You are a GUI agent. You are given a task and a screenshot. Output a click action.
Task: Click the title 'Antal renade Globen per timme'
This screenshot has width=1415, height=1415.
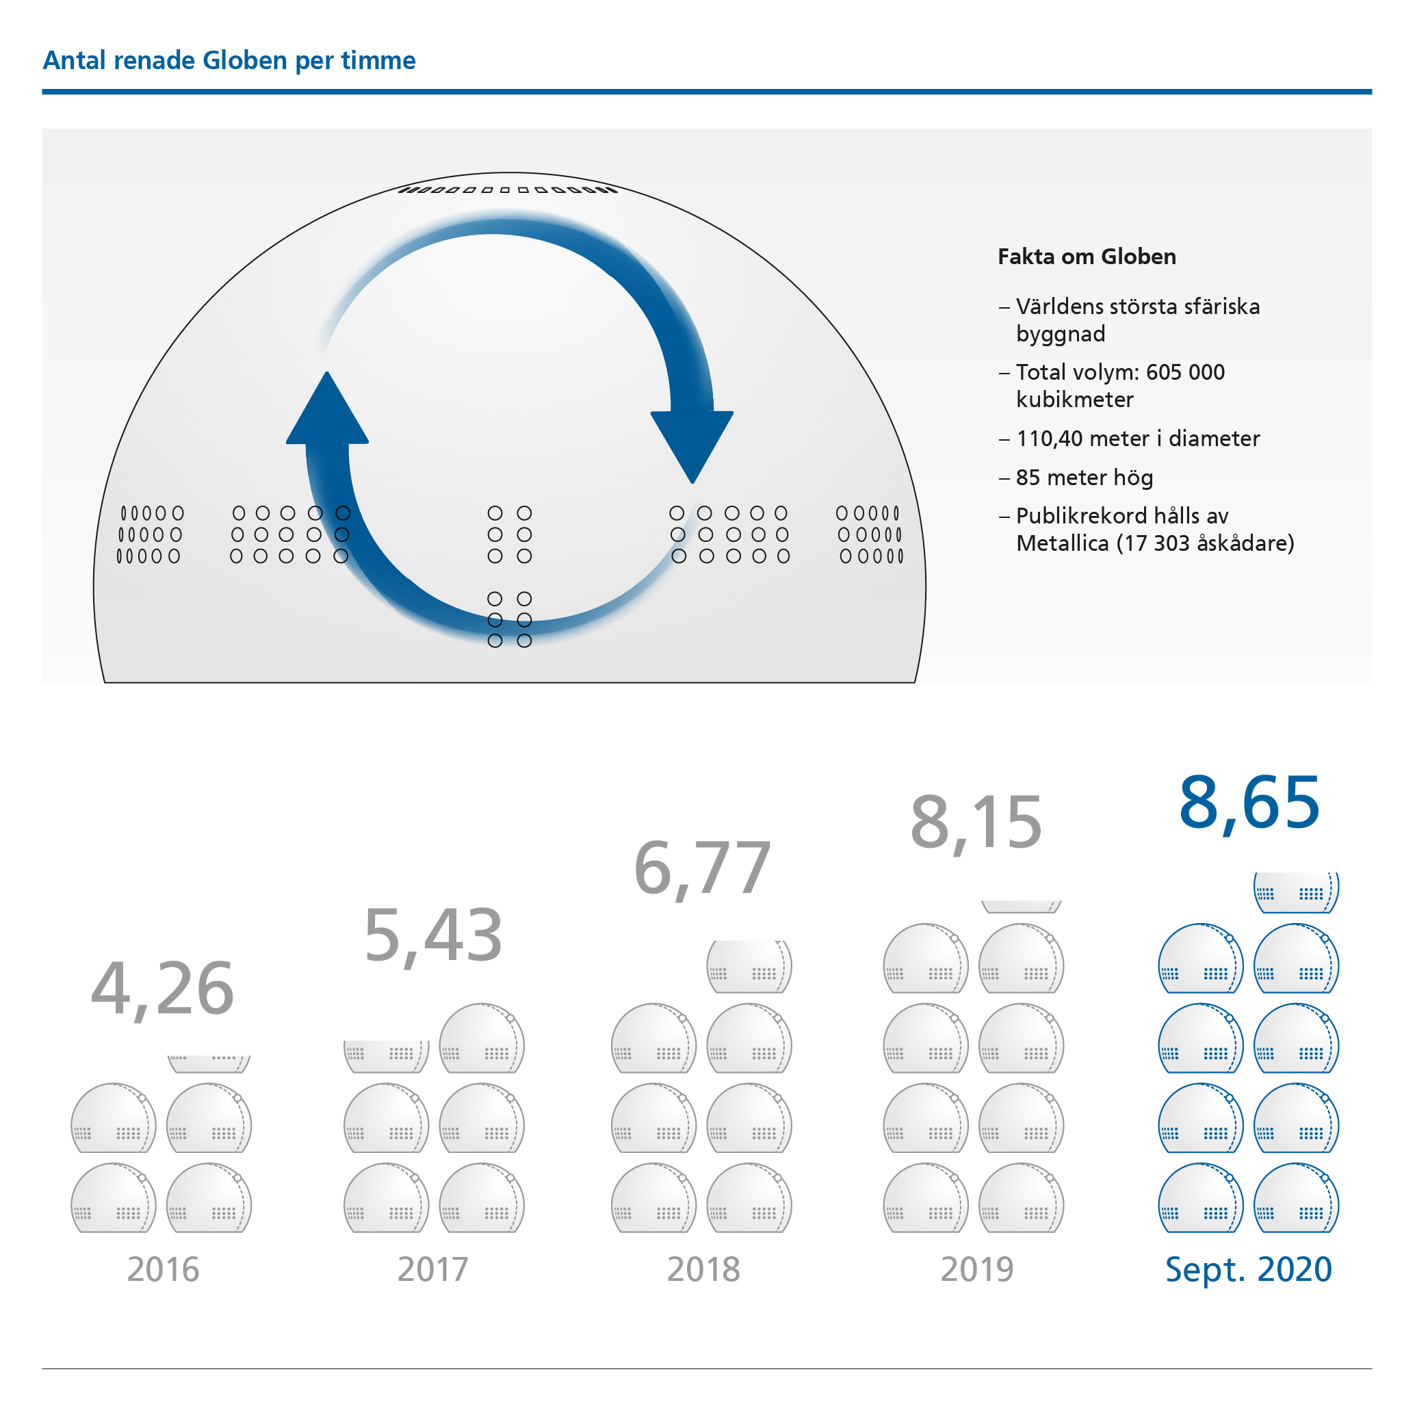(229, 60)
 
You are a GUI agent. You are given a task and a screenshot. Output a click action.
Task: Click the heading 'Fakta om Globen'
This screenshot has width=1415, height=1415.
(1087, 257)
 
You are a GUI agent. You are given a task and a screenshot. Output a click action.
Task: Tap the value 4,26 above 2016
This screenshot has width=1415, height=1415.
(162, 989)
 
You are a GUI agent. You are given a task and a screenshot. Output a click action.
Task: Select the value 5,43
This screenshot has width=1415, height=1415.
(433, 936)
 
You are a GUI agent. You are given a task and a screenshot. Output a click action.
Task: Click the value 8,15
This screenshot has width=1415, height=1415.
(976, 822)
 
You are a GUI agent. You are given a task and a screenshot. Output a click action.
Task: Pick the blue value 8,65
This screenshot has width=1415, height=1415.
(1249, 803)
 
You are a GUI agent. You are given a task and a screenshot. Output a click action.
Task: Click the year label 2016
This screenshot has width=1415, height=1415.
(163, 1270)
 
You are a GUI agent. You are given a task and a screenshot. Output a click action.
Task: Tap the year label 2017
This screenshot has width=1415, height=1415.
(433, 1270)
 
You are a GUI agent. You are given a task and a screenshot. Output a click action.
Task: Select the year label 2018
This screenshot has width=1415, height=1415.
(703, 1270)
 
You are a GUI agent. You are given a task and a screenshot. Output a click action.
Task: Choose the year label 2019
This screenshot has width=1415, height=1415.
(977, 1270)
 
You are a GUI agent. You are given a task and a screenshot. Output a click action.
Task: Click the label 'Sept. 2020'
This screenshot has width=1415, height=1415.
(1248, 1270)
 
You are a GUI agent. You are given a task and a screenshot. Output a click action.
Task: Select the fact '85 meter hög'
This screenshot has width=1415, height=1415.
(1084, 478)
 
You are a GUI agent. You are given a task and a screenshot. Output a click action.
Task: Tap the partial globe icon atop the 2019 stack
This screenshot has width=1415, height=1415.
(1021, 907)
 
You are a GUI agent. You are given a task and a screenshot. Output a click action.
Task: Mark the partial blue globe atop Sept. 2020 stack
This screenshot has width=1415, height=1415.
(1296, 892)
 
